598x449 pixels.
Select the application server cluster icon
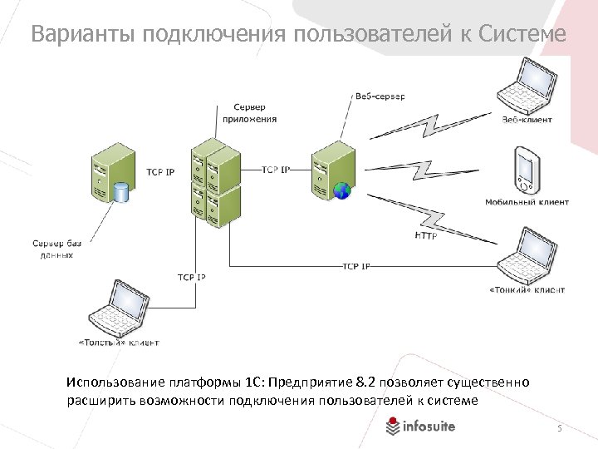[x=215, y=182]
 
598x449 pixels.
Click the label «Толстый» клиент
[x=118, y=342]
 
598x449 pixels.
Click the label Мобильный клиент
[x=527, y=202]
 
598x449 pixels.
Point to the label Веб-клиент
[x=527, y=120]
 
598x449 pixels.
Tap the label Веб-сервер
[x=380, y=96]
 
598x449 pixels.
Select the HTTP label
[x=424, y=235]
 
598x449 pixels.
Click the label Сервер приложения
[x=249, y=113]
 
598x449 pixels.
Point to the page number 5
[x=560, y=428]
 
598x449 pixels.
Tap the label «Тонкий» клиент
[x=527, y=290]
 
